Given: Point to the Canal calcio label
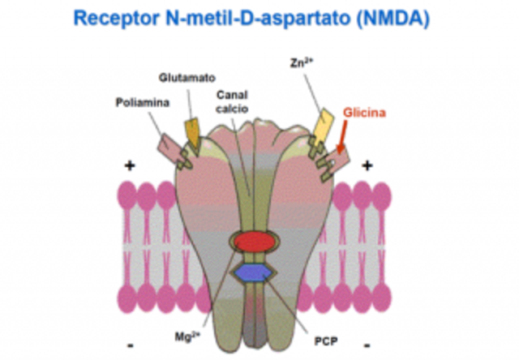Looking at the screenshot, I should tap(233, 101).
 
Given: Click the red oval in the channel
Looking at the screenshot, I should tap(252, 242).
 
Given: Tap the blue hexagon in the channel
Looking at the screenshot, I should tap(252, 271).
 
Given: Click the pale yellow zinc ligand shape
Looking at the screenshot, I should tap(319, 126).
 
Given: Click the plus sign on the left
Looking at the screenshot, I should tap(128, 166).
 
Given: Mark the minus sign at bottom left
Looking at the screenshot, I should tap(131, 345).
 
